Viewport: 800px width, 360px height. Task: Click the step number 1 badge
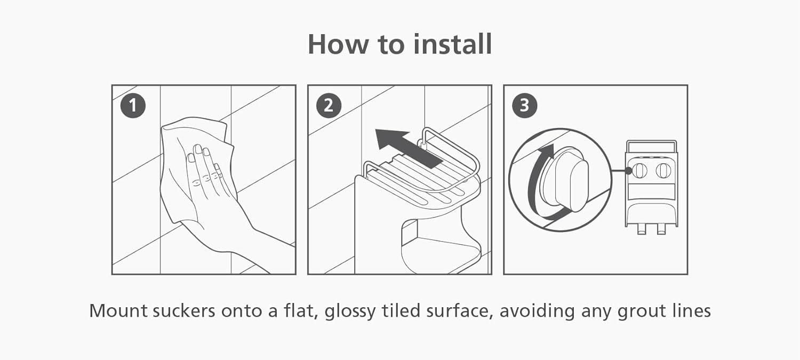click(x=133, y=106)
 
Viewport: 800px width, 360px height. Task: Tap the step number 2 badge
click(x=329, y=106)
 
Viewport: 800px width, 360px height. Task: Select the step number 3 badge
click(x=524, y=106)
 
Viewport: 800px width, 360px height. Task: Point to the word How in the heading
click(x=338, y=44)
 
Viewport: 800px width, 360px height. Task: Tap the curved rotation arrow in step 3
click(x=540, y=183)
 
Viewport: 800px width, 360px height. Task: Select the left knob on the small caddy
click(x=639, y=170)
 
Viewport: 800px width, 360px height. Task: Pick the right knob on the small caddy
click(x=663, y=170)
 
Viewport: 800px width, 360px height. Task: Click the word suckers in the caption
click(x=184, y=311)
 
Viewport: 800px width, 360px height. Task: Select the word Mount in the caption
click(x=118, y=311)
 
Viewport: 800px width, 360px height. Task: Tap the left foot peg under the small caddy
click(x=642, y=230)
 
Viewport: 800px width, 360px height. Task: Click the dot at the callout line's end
click(x=629, y=171)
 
